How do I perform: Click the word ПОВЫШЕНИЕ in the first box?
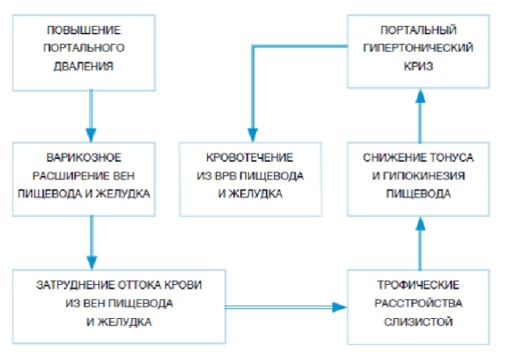(84, 30)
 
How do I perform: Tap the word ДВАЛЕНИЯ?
(84, 66)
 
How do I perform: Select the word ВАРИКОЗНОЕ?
(84, 157)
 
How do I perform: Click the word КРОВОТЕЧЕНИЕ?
(250, 157)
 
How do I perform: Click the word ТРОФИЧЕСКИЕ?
(419, 285)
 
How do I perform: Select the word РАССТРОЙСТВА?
(419, 303)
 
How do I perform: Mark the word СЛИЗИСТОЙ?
(419, 322)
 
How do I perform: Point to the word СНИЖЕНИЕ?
(390, 157)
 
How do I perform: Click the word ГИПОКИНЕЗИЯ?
(423, 176)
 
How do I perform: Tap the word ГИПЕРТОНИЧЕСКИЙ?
(419, 48)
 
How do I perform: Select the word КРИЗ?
(419, 66)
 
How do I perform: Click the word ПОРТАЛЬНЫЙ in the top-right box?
(419, 30)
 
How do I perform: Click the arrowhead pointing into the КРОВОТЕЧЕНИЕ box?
(253, 136)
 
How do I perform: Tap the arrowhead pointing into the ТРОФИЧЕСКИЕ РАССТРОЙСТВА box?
(339, 307)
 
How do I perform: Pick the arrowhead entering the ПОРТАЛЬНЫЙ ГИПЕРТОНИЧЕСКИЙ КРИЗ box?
(420, 96)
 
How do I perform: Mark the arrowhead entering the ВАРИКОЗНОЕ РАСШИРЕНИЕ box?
(91, 136)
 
